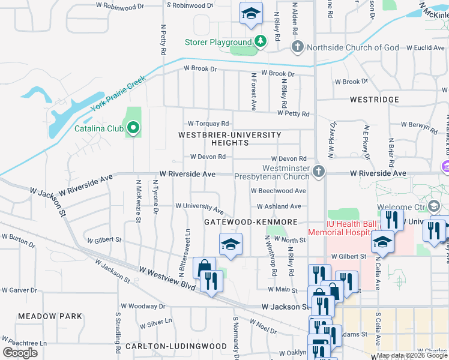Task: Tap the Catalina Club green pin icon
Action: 133,128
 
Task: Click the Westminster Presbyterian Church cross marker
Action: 318,173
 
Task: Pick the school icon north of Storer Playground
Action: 251,13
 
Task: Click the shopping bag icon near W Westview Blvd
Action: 204,268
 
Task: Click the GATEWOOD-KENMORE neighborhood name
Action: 250,222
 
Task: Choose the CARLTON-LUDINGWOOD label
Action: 176,346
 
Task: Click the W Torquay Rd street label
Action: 209,124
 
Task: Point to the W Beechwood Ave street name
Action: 279,191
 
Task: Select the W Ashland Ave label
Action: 279,206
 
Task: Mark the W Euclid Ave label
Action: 425,47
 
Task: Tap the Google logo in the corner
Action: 20,352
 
